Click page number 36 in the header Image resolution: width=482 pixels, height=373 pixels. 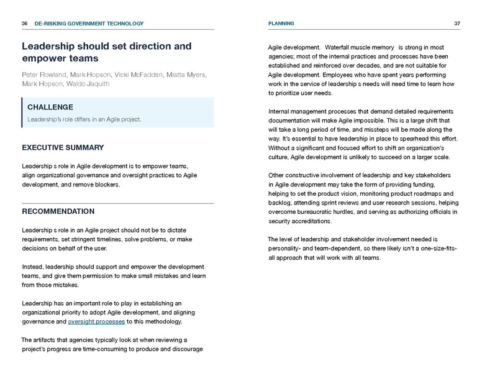(x=24, y=24)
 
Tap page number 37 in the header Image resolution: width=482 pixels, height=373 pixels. (x=457, y=24)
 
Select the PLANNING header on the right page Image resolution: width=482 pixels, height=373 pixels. (x=281, y=24)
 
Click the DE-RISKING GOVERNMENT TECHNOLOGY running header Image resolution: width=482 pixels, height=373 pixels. (x=89, y=24)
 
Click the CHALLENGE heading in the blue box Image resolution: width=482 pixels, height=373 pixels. (x=50, y=107)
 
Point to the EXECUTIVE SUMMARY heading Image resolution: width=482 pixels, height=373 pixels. (x=63, y=148)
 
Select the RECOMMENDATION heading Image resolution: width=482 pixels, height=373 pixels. (x=58, y=211)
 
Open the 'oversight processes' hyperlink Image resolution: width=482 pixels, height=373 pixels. (x=96, y=321)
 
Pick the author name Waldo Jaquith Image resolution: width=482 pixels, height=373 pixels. (x=90, y=84)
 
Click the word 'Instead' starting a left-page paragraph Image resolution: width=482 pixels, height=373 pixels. (x=34, y=267)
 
